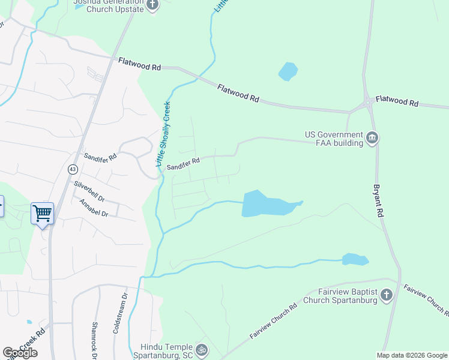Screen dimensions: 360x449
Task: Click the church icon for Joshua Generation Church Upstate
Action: pyautogui.click(x=152, y=5)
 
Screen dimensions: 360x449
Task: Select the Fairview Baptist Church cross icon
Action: pyautogui.click(x=387, y=295)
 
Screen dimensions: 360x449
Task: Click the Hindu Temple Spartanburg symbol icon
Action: pyautogui.click(x=202, y=349)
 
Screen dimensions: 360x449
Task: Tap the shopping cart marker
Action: pyautogui.click(x=42, y=213)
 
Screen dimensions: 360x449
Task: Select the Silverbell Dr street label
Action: pyautogui.click(x=89, y=191)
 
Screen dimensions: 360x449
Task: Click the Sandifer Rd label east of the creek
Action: pyautogui.click(x=182, y=163)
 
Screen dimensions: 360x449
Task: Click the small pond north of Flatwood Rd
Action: pyautogui.click(x=288, y=71)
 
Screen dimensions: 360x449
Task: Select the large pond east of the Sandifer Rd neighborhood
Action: pyautogui.click(x=267, y=204)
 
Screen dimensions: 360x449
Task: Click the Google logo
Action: pyautogui.click(x=20, y=353)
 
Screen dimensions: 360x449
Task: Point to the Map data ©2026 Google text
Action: pyautogui.click(x=412, y=355)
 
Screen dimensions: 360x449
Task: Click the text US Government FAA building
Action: pyautogui.click(x=334, y=139)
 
